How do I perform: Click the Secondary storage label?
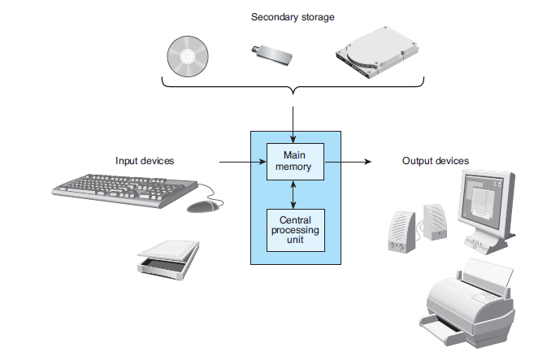tap(293, 17)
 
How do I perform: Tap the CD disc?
tap(188, 56)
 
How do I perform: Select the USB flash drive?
tap(271, 55)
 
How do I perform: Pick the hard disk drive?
tap(377, 52)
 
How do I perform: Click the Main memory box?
tap(295, 161)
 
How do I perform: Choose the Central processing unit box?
tap(296, 230)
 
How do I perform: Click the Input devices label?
tap(145, 161)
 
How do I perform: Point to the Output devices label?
tap(436, 161)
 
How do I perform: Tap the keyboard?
tap(125, 190)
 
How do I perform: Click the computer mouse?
tap(202, 206)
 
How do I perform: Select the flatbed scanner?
tap(168, 260)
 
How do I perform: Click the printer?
tap(467, 303)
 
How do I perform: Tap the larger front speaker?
tap(401, 232)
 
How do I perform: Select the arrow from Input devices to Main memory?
tap(242, 162)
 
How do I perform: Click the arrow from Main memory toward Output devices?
tap(348, 161)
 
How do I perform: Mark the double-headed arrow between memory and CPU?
tap(293, 194)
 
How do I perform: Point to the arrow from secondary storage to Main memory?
tap(293, 124)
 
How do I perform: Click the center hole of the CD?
tap(188, 56)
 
